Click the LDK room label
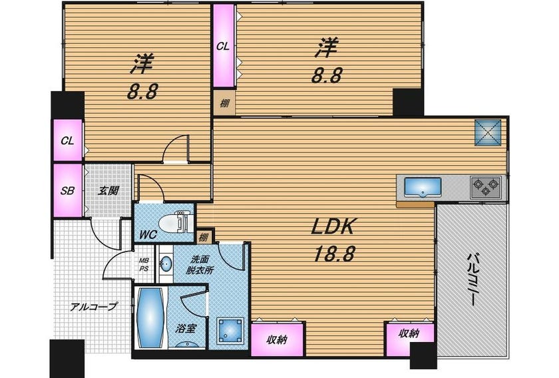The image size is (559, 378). pyautogui.click(x=333, y=226)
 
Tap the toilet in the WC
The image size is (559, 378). pyautogui.click(x=176, y=223)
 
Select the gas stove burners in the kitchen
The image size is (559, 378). pyautogui.click(x=485, y=187)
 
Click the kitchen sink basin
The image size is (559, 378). pyautogui.click(x=423, y=186)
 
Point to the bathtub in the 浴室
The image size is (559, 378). pyautogui.click(x=151, y=317)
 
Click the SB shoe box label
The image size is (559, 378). pyautogui.click(x=67, y=190)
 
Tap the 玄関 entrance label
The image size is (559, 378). pyautogui.click(x=108, y=191)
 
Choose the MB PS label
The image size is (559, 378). pyautogui.click(x=144, y=265)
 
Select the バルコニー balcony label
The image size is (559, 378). pyautogui.click(x=473, y=279)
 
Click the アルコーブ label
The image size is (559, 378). pyautogui.click(x=93, y=306)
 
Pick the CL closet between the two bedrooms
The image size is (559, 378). pyautogui.click(x=224, y=46)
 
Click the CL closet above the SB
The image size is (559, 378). pyautogui.click(x=68, y=140)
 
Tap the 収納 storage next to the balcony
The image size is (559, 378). pyautogui.click(x=410, y=339)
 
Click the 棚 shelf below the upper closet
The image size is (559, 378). pyautogui.click(x=224, y=103)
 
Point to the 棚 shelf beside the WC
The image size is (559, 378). pyautogui.click(x=204, y=237)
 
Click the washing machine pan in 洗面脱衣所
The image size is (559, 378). pyautogui.click(x=231, y=331)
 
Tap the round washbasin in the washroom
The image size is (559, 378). pyautogui.click(x=165, y=265)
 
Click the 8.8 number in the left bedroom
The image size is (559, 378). pyautogui.click(x=142, y=93)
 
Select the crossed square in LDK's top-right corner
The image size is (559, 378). pyautogui.click(x=488, y=132)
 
